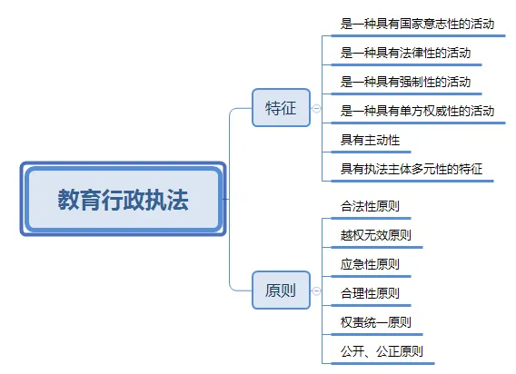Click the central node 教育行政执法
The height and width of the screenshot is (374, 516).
123,199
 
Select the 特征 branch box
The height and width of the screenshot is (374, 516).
281,107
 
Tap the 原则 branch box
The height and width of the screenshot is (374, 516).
281,290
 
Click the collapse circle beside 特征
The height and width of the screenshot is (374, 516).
316,108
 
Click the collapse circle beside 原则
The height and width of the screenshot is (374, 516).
316,290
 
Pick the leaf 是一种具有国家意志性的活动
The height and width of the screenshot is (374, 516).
417,24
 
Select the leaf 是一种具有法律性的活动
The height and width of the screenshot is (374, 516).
405,53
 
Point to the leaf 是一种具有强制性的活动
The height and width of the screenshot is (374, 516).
405,82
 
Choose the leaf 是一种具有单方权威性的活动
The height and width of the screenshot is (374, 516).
417,111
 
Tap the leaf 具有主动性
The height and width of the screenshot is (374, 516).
370,140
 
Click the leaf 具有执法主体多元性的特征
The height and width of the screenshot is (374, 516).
412,169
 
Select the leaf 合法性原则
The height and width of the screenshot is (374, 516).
370,206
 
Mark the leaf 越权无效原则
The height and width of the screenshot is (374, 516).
376,235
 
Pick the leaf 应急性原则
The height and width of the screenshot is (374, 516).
370,264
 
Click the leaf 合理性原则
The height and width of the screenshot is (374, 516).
370,293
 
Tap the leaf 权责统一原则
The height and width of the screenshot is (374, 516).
376,322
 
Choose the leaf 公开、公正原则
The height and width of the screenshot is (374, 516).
382,351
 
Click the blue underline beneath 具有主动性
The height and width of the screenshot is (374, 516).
371,152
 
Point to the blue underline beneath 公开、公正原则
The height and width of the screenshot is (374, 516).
382,363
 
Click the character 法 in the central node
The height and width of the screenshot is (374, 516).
178,200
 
